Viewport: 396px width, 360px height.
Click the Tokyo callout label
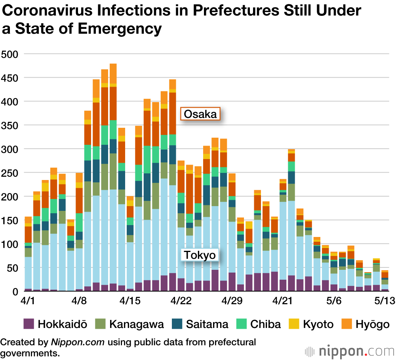coord(200,255)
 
